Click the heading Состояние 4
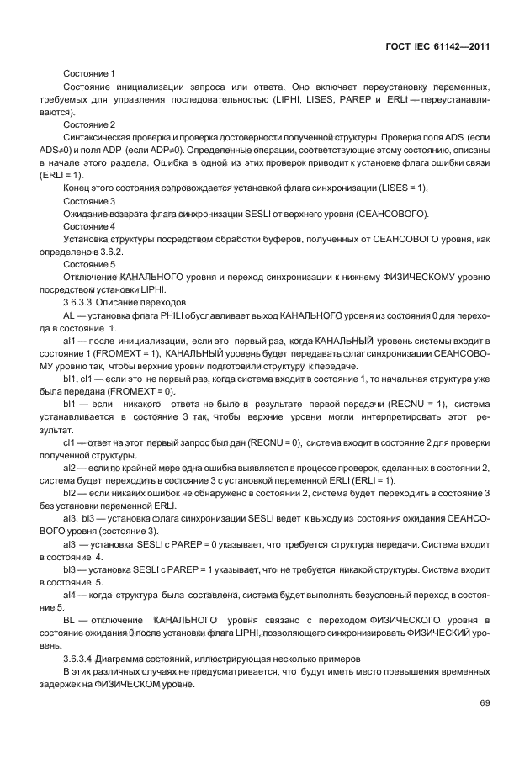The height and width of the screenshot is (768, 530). click(88, 226)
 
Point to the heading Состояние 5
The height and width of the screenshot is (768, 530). click(88, 263)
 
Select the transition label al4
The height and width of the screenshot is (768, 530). click(70, 593)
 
